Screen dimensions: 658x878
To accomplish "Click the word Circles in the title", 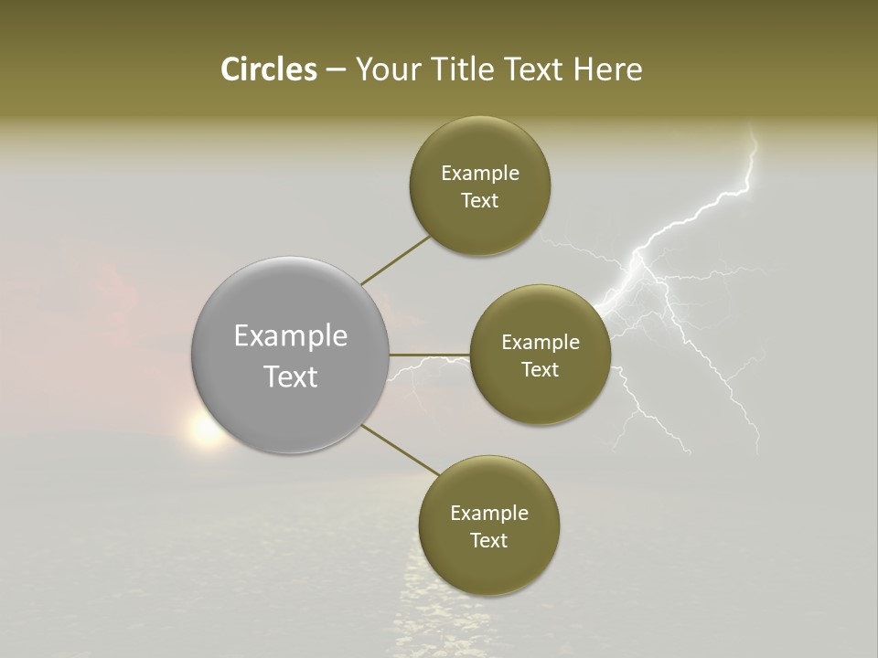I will (x=268, y=69).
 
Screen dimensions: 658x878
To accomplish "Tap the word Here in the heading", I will (x=607, y=69).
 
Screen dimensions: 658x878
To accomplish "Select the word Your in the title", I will (x=385, y=69).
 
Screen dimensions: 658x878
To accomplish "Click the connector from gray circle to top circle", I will (x=396, y=260).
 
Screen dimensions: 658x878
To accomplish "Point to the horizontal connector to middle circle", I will (x=430, y=355).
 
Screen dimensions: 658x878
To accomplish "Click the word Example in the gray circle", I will (x=290, y=336).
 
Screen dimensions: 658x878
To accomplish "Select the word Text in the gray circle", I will (x=290, y=377).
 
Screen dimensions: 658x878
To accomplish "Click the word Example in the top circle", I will (x=479, y=174).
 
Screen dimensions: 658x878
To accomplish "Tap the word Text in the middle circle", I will (x=540, y=370).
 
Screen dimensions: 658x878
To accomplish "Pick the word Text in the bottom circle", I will (x=488, y=541).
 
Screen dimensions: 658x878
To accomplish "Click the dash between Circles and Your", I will (x=335, y=70).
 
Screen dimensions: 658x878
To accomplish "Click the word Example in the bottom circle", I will (x=488, y=514).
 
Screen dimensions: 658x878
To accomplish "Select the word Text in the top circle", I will (x=479, y=201).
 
